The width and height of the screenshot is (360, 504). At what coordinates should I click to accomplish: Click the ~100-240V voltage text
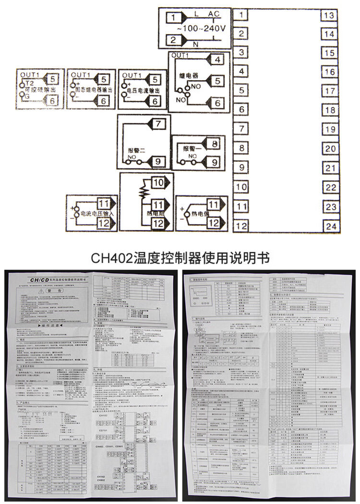click(x=202, y=28)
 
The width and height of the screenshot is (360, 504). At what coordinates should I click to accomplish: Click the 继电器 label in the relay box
click(x=189, y=76)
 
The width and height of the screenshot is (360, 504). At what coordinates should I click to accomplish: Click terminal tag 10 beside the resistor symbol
click(x=158, y=183)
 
